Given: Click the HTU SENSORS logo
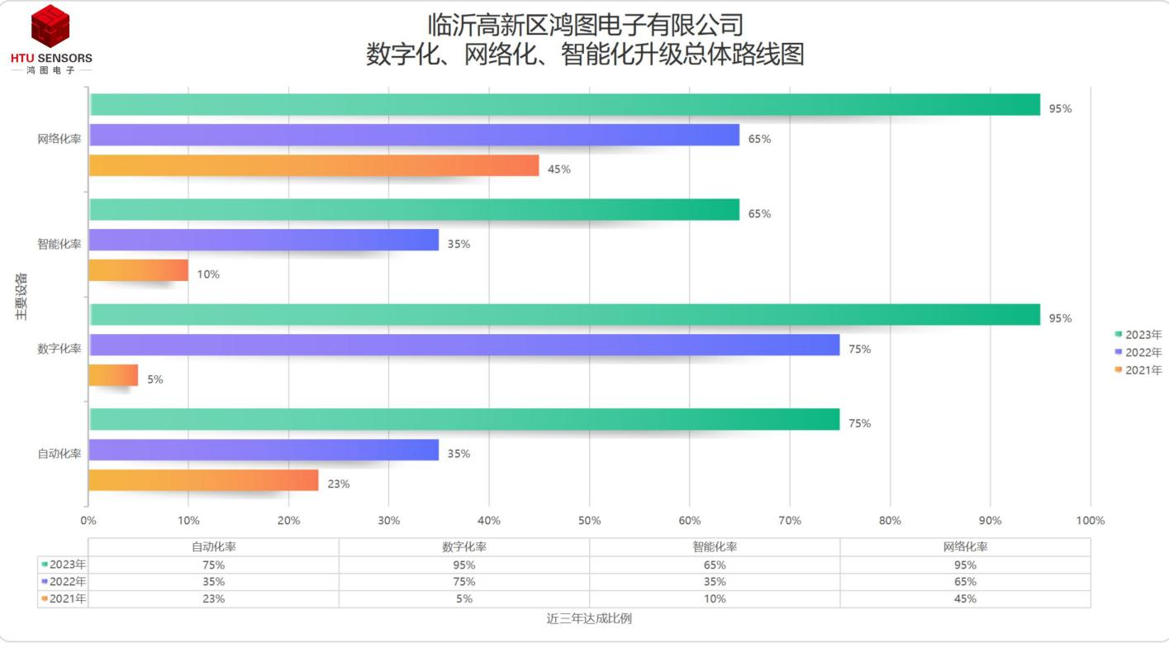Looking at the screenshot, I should pyautogui.click(x=50, y=39).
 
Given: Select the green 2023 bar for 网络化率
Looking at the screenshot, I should pyautogui.click(x=564, y=105).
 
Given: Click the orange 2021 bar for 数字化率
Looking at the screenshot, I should pyautogui.click(x=113, y=375).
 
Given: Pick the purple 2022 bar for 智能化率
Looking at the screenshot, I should pyautogui.click(x=264, y=240).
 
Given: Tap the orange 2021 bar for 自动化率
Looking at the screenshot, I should pyautogui.click(x=203, y=480).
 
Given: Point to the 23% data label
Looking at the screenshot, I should pyautogui.click(x=339, y=484).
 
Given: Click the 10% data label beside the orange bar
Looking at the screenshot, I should pyautogui.click(x=208, y=274).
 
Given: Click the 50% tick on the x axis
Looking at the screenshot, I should pyautogui.click(x=589, y=521).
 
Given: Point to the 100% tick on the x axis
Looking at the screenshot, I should pyautogui.click(x=1091, y=521).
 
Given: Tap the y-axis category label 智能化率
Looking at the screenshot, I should pyautogui.click(x=59, y=244).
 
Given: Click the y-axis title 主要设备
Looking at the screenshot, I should pyautogui.click(x=21, y=296).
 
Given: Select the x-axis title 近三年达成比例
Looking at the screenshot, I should pyautogui.click(x=589, y=619).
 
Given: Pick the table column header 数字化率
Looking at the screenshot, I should pyautogui.click(x=464, y=547).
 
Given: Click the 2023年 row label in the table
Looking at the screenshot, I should pyautogui.click(x=64, y=565).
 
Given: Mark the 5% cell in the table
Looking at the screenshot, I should pyautogui.click(x=464, y=599).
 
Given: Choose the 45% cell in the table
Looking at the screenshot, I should pyautogui.click(x=965, y=599).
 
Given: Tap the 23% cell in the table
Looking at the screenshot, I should pyautogui.click(x=213, y=599).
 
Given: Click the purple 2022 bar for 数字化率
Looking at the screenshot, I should pyautogui.click(x=463, y=345).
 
